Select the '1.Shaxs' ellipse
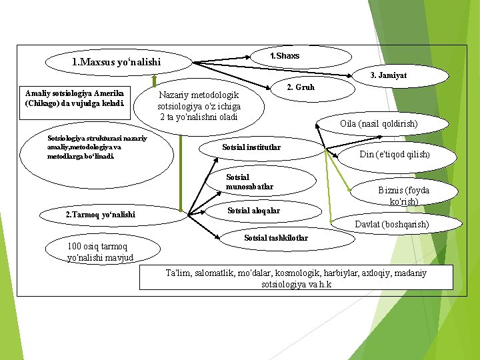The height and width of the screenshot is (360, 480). click(285, 56)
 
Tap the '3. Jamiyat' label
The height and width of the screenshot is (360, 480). click(388, 75)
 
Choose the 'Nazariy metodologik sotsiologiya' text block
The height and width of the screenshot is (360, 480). click(199, 106)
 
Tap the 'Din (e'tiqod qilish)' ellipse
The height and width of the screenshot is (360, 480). click(394, 155)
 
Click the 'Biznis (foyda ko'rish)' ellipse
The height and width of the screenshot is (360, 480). click(403, 195)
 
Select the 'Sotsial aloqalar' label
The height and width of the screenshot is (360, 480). click(253, 211)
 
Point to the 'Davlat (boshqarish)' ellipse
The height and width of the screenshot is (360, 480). click(391, 225)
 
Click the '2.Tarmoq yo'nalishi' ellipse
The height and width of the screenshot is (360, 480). click(100, 214)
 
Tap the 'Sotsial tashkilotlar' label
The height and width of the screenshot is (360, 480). click(276, 238)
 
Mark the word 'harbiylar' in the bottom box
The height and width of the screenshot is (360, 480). click(339, 273)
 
